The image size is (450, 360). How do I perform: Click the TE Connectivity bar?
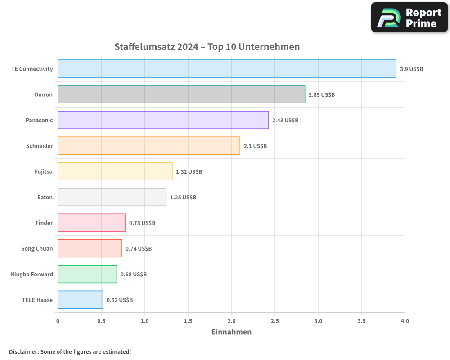(x=227, y=69)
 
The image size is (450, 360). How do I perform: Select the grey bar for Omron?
(x=181, y=94)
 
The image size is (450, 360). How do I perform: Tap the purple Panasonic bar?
(x=163, y=120)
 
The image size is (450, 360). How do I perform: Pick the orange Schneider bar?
(x=148, y=146)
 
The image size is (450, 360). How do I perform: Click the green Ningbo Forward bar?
(x=87, y=274)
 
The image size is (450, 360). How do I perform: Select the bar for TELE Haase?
(x=80, y=300)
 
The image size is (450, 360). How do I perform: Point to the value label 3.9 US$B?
(x=411, y=69)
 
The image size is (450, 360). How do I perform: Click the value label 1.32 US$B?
(x=189, y=172)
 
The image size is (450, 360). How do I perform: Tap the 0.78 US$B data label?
(x=142, y=223)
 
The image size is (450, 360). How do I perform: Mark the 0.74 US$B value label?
(x=139, y=249)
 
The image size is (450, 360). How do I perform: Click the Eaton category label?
(x=45, y=197)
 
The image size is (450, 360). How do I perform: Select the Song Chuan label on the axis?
(x=37, y=248)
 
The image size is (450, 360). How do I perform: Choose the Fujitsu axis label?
(x=44, y=171)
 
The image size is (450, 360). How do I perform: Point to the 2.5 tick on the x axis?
(x=275, y=321)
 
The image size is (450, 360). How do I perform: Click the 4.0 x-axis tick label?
(x=405, y=321)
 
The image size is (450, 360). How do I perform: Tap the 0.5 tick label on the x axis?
(x=101, y=321)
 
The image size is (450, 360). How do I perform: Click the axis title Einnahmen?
(x=231, y=332)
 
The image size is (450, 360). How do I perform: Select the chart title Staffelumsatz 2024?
(x=207, y=47)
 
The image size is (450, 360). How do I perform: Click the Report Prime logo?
(x=409, y=18)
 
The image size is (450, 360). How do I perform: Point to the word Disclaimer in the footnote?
(x=23, y=352)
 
